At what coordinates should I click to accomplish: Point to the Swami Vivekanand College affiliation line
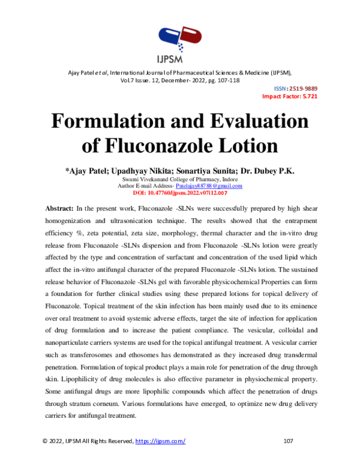(x=179, y=180)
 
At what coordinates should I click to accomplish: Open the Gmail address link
(x=209, y=186)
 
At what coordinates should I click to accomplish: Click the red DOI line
(x=179, y=193)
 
